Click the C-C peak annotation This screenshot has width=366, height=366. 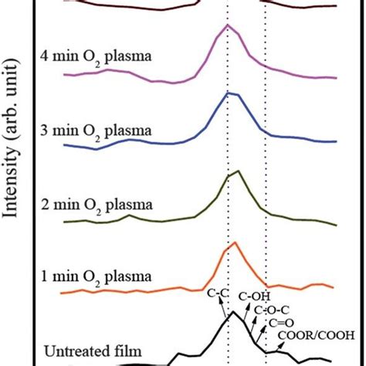click(219, 293)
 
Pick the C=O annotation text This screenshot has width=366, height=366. click(283, 324)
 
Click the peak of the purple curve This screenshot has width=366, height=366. click(227, 25)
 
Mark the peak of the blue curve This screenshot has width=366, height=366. click(227, 93)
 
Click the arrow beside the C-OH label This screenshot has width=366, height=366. click(246, 312)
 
